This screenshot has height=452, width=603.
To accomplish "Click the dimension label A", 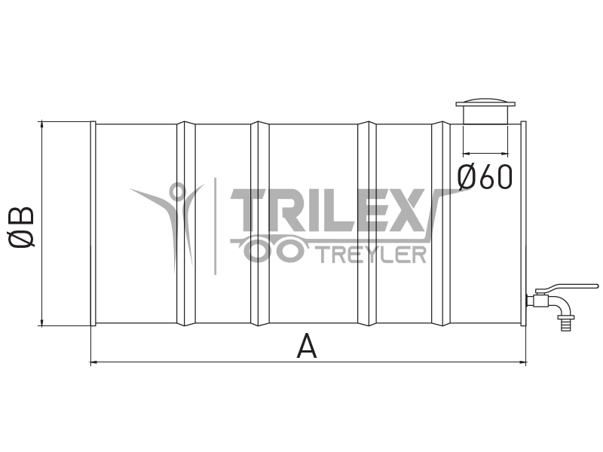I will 307,347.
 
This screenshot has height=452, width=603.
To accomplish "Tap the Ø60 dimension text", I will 485,176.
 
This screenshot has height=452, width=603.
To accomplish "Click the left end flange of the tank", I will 93,224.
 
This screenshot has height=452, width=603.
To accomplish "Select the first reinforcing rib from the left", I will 185,224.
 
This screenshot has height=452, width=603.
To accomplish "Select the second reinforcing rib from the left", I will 260,224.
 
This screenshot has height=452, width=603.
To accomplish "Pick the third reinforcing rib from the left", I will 367,224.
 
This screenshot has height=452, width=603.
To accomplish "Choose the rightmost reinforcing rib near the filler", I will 441,224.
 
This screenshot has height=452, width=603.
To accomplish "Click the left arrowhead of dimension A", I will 93,362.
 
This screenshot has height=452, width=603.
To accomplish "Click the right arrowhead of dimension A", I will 523,362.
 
